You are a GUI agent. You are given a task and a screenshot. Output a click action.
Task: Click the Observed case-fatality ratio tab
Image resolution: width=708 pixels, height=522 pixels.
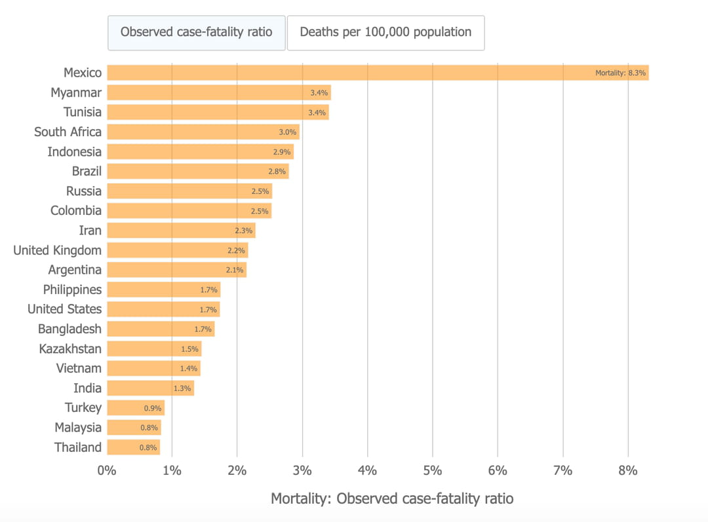197,32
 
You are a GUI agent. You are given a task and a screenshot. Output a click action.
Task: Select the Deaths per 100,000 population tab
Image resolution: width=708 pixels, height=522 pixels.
385,32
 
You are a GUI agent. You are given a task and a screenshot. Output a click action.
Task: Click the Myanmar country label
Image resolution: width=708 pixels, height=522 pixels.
76,92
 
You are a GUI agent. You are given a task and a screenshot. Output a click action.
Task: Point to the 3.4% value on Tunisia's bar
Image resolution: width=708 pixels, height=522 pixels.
317,113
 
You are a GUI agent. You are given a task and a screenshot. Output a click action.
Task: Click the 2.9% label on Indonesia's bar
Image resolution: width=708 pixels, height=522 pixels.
282,152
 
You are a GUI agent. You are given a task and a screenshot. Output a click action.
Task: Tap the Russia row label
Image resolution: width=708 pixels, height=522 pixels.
84,191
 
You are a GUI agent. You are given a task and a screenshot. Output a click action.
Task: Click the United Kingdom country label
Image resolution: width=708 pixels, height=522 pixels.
58,250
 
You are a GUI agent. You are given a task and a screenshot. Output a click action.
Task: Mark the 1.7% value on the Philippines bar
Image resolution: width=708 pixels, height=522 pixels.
208,289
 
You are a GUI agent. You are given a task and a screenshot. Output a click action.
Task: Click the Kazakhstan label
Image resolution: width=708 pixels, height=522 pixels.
70,348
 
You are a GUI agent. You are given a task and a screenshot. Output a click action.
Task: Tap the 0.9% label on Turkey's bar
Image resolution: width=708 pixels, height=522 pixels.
152,408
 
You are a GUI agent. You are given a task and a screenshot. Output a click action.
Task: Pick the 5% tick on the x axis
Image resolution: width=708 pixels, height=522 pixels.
433,470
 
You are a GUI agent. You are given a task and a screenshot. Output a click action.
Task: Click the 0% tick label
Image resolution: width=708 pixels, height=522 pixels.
107,470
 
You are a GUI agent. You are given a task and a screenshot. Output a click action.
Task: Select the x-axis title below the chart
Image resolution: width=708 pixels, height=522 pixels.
392,498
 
